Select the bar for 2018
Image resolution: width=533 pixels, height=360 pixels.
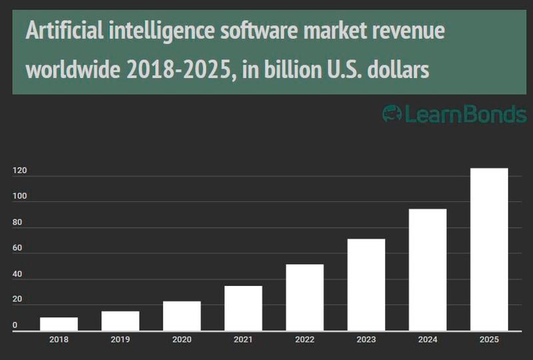(x=59, y=324)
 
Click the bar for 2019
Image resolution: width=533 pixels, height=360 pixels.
(x=120, y=321)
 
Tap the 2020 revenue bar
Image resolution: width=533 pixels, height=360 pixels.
(x=182, y=316)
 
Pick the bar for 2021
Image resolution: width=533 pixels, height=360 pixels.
(x=243, y=308)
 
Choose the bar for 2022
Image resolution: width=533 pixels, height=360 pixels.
(x=304, y=297)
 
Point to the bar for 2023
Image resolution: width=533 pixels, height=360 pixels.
(x=366, y=285)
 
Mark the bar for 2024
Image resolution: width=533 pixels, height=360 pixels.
(x=428, y=270)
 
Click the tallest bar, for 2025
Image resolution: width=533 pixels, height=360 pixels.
(x=489, y=249)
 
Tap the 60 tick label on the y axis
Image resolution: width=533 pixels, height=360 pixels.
(x=17, y=249)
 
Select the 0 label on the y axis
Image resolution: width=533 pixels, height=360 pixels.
(x=15, y=326)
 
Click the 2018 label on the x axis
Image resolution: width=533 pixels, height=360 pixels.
(x=59, y=339)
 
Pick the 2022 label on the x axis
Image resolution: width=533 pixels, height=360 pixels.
(x=304, y=339)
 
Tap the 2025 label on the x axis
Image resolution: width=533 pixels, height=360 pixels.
(x=489, y=339)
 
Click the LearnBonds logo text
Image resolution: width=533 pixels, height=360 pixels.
(x=455, y=114)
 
